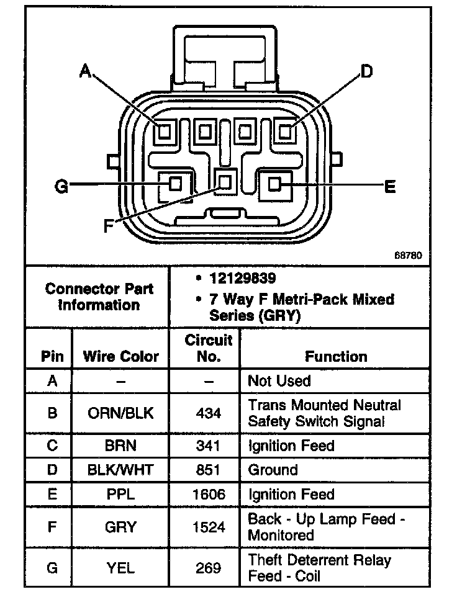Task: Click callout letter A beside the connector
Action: [86, 72]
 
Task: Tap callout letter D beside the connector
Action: [367, 72]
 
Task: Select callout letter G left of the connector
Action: [61, 186]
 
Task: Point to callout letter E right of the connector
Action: [390, 186]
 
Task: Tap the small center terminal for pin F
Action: [225, 182]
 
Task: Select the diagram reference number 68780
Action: [407, 255]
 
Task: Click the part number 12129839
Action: [242, 278]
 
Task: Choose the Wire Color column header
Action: [120, 357]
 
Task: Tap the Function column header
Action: [336, 357]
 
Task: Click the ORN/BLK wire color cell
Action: [120, 413]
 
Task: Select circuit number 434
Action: [208, 413]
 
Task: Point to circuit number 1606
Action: [208, 495]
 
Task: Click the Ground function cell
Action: [273, 470]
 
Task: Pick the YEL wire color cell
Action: [120, 568]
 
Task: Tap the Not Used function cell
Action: [279, 381]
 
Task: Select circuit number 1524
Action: [208, 527]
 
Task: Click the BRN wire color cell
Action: [120, 446]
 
